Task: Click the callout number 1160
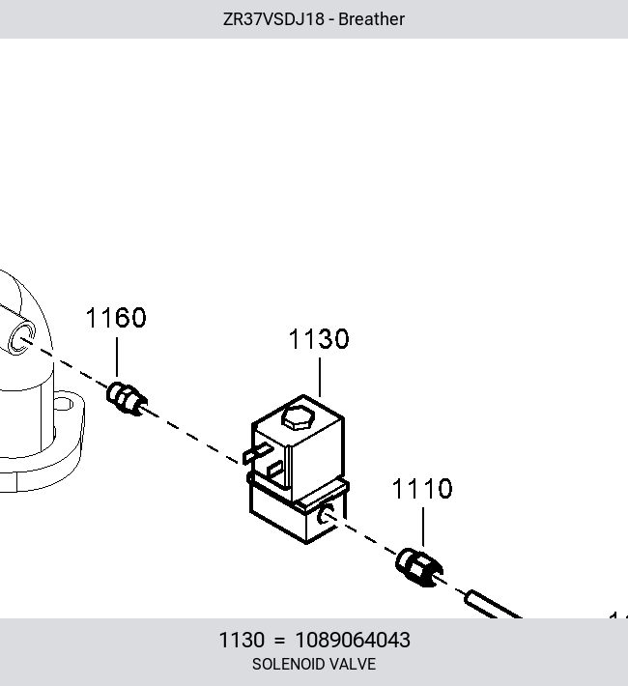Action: tap(116, 318)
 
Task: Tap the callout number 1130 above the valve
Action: tap(319, 338)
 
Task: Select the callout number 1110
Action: tap(422, 488)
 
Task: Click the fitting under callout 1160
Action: tap(127, 399)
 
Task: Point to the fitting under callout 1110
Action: tap(418, 567)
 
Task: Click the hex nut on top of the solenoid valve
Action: tap(299, 417)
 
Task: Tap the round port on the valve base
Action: tap(326, 513)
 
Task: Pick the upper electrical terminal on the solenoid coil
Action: tap(258, 452)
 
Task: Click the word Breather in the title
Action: tap(371, 19)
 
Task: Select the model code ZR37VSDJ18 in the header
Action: tap(274, 19)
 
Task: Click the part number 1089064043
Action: tap(353, 640)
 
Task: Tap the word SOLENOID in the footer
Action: tap(288, 664)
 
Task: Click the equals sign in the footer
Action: tap(279, 641)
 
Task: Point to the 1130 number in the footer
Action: tap(242, 640)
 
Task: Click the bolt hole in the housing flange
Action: tap(64, 403)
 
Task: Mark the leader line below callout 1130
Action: tap(320, 377)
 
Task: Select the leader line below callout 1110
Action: tap(423, 528)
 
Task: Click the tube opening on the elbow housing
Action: tap(22, 338)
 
